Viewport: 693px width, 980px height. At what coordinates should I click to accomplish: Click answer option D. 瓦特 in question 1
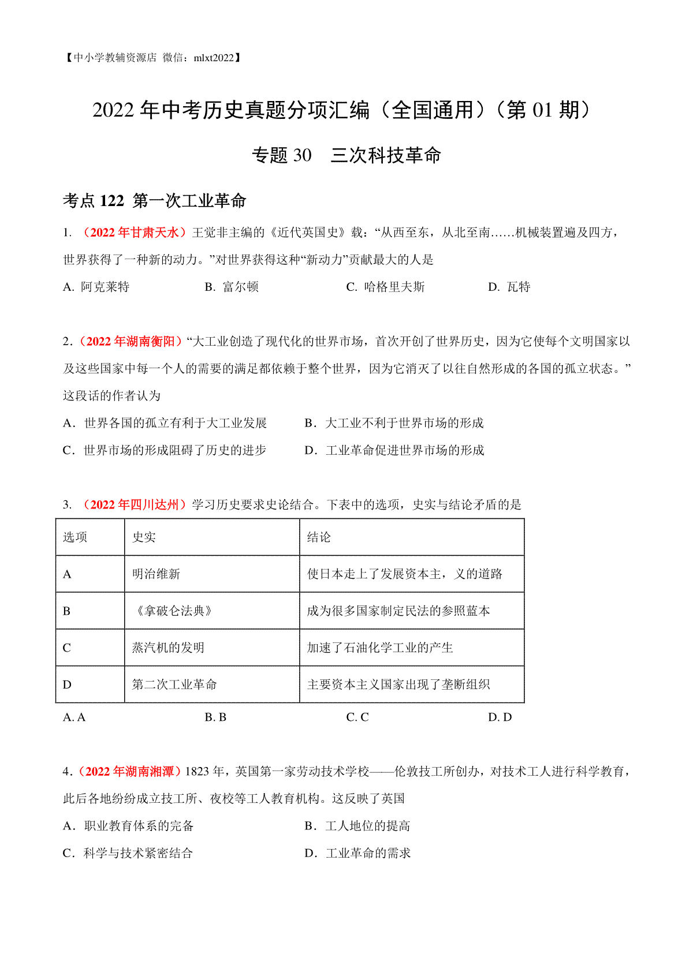[x=509, y=287]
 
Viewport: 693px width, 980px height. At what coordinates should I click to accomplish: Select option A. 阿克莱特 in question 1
[x=96, y=287]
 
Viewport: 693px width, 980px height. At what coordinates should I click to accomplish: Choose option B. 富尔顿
[x=232, y=287]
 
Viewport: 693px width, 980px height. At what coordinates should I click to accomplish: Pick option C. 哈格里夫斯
[x=385, y=287]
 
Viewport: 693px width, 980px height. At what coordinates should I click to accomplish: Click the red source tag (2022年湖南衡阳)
[x=130, y=342]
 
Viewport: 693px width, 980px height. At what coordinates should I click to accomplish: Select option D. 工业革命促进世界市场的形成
[x=394, y=450]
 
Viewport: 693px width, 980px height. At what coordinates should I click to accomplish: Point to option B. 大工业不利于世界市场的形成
[x=394, y=423]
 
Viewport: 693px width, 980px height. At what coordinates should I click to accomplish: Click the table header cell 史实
[x=144, y=537]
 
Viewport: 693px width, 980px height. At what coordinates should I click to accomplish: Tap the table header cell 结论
[x=319, y=537]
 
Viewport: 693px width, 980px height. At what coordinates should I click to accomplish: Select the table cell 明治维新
[x=156, y=574]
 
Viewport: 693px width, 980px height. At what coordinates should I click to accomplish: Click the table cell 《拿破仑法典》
[x=173, y=611]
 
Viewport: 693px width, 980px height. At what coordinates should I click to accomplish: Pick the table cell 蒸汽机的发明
[x=168, y=648]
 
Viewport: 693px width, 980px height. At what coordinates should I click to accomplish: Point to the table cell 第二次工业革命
[x=174, y=684]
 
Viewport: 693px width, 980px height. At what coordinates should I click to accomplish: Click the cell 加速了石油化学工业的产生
[x=380, y=648]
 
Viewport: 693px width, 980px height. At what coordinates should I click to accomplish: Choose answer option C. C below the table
[x=357, y=717]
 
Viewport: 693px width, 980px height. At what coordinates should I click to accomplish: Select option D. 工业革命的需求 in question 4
[x=358, y=853]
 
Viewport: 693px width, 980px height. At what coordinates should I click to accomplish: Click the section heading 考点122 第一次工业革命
[x=155, y=201]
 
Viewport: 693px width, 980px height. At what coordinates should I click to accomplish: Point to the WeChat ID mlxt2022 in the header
[x=214, y=58]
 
